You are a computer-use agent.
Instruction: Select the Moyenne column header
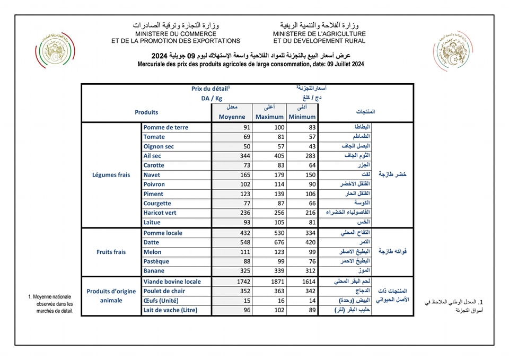(232, 117)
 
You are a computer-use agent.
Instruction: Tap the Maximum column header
(269, 117)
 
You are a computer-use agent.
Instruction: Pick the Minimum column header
(302, 117)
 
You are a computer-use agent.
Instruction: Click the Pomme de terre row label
(165, 127)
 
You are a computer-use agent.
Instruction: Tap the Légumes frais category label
(111, 175)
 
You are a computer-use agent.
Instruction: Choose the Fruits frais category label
(112, 252)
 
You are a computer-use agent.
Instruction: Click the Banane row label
(155, 271)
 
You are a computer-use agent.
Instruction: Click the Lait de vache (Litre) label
(170, 310)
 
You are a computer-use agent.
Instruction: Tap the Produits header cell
(146, 112)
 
